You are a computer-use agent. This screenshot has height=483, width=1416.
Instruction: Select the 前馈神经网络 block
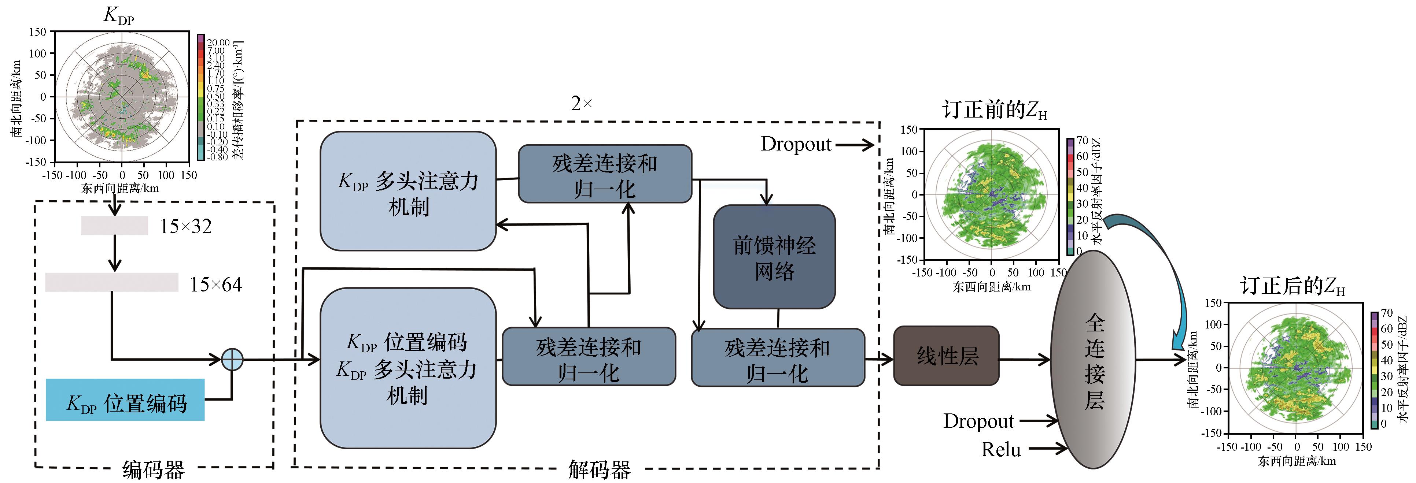click(x=774, y=257)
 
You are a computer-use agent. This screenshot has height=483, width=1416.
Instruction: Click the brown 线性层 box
click(x=946, y=356)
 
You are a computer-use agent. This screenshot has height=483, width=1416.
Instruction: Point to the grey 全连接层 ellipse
click(x=1094, y=360)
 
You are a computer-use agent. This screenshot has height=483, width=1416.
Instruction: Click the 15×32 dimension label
click(x=185, y=226)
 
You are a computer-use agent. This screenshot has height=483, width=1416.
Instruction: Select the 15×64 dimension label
click(x=215, y=285)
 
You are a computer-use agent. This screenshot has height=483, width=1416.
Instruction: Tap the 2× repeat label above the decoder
click(x=582, y=103)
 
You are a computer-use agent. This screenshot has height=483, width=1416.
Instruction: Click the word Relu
click(x=1001, y=449)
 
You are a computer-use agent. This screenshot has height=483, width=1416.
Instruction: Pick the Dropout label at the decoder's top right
click(x=796, y=144)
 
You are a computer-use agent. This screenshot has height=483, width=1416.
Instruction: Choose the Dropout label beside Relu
click(x=978, y=421)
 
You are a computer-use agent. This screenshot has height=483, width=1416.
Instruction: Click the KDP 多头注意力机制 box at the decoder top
click(x=408, y=191)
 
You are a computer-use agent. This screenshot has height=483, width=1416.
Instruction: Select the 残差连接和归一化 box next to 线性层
click(x=777, y=358)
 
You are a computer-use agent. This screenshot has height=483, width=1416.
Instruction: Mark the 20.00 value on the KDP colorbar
click(x=218, y=42)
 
